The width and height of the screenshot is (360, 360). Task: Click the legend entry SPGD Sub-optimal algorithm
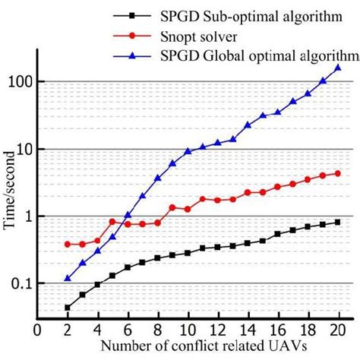pyautogui.click(x=259, y=17)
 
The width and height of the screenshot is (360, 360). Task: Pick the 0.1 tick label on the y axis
pyautogui.click(x=23, y=284)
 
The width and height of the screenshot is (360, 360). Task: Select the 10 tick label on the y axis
pyautogui.click(x=25, y=150)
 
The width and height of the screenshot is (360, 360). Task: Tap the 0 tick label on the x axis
pyautogui.click(x=37, y=331)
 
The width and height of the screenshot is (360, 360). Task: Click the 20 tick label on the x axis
pyautogui.click(x=337, y=331)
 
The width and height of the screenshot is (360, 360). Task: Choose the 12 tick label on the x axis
pyautogui.click(x=217, y=331)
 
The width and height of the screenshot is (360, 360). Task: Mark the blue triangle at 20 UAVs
pyautogui.click(x=337, y=68)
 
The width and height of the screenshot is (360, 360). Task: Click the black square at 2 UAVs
pyautogui.click(x=68, y=308)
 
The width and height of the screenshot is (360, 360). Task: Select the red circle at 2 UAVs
pyautogui.click(x=68, y=245)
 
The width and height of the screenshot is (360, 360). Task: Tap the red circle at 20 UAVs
pyautogui.click(x=337, y=173)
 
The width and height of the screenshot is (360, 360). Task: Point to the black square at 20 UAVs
pyautogui.click(x=337, y=222)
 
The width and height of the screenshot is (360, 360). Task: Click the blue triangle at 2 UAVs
pyautogui.click(x=68, y=278)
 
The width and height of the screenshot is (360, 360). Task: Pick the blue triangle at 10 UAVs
pyautogui.click(x=188, y=151)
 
